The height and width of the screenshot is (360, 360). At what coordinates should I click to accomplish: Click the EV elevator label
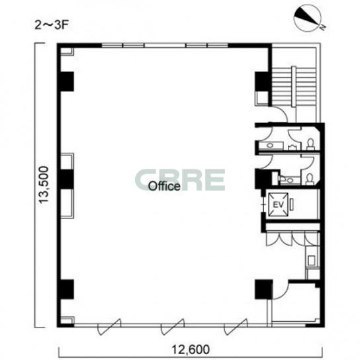click(278, 204)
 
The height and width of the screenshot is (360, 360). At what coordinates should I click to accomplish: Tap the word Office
click(164, 186)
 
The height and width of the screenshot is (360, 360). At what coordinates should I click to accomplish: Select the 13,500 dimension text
click(44, 185)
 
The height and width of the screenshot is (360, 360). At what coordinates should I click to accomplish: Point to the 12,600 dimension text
click(191, 349)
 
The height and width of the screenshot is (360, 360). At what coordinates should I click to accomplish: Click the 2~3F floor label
click(52, 25)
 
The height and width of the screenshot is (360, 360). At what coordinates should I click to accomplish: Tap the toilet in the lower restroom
click(310, 179)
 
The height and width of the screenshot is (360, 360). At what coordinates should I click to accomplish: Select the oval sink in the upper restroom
click(269, 146)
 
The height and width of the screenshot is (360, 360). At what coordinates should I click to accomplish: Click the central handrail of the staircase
click(294, 86)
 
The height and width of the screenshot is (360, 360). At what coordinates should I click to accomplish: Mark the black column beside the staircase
click(262, 81)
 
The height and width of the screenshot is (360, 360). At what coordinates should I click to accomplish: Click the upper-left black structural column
click(67, 81)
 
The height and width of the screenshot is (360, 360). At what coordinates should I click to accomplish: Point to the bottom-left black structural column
click(67, 289)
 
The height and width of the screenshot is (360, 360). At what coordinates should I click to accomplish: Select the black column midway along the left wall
click(67, 179)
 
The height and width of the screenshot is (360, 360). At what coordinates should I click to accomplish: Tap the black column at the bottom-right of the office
click(264, 289)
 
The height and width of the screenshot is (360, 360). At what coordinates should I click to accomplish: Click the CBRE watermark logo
click(180, 180)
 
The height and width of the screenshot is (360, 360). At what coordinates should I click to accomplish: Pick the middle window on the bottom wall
click(173, 326)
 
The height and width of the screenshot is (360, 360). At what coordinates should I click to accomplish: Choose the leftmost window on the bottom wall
click(109, 326)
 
